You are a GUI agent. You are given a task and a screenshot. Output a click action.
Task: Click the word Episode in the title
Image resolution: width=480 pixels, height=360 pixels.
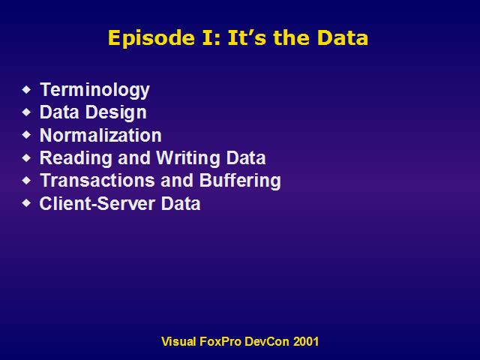[x=151, y=38]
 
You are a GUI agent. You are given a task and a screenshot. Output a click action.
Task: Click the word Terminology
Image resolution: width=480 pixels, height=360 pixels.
[x=94, y=90]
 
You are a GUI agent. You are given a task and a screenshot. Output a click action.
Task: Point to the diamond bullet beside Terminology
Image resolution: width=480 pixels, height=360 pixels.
[x=27, y=90]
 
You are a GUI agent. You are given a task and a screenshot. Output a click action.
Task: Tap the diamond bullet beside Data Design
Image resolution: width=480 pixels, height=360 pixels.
[x=27, y=112]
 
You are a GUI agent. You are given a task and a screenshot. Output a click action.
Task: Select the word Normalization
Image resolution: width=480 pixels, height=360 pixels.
[x=100, y=135]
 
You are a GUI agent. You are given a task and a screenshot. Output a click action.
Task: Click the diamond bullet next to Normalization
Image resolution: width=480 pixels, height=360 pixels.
[x=27, y=135]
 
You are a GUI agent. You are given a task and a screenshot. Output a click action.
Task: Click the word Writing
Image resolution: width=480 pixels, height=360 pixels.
[x=188, y=158]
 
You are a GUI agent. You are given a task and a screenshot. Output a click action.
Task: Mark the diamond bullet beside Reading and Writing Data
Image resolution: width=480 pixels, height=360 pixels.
[x=27, y=158]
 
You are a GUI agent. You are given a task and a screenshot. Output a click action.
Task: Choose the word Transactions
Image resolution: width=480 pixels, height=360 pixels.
[x=97, y=180]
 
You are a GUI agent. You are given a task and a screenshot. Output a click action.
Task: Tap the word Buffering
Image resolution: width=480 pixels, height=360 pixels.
[x=240, y=181]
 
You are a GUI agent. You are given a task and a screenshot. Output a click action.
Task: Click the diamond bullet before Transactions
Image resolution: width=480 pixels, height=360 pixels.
[x=27, y=180]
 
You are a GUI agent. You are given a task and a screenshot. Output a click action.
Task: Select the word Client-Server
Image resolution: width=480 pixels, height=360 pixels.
[x=97, y=203]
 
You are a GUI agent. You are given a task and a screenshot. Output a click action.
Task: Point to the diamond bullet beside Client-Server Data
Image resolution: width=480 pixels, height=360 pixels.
[x=27, y=203]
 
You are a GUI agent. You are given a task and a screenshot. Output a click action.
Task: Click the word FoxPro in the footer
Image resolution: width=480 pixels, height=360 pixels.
[x=220, y=341]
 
